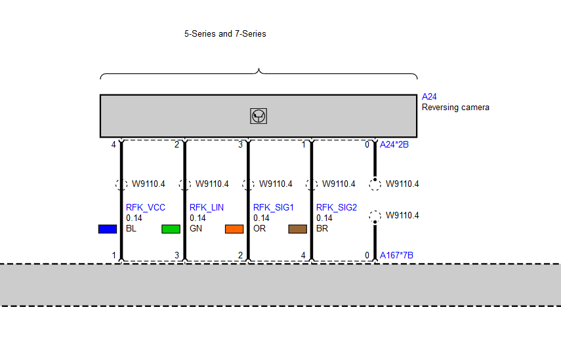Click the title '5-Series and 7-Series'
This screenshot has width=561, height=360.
click(225, 34)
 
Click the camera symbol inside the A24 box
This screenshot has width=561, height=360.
click(259, 116)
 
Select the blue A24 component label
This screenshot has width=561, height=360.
click(429, 96)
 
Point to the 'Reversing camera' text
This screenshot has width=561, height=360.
click(455, 108)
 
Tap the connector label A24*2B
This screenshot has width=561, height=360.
click(394, 144)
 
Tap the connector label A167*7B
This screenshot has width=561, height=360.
click(396, 255)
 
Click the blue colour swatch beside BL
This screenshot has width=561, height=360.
click(108, 229)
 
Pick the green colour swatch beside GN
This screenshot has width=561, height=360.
click(171, 229)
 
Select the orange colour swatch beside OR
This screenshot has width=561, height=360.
click(234, 229)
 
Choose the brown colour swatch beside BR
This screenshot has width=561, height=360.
click(298, 229)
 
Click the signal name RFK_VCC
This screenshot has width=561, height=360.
click(146, 208)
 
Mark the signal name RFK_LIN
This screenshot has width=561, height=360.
click(207, 208)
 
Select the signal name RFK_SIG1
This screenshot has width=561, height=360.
click(274, 208)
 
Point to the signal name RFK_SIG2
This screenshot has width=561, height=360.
click(337, 208)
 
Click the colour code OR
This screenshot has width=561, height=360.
click(259, 228)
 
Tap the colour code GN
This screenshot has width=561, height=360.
click(196, 228)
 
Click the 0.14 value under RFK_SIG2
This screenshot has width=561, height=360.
click(324, 218)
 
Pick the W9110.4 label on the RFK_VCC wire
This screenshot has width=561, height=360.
click(148, 184)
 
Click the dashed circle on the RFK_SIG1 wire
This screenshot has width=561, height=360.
click(248, 184)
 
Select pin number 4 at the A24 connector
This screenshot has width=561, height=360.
click(114, 145)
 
